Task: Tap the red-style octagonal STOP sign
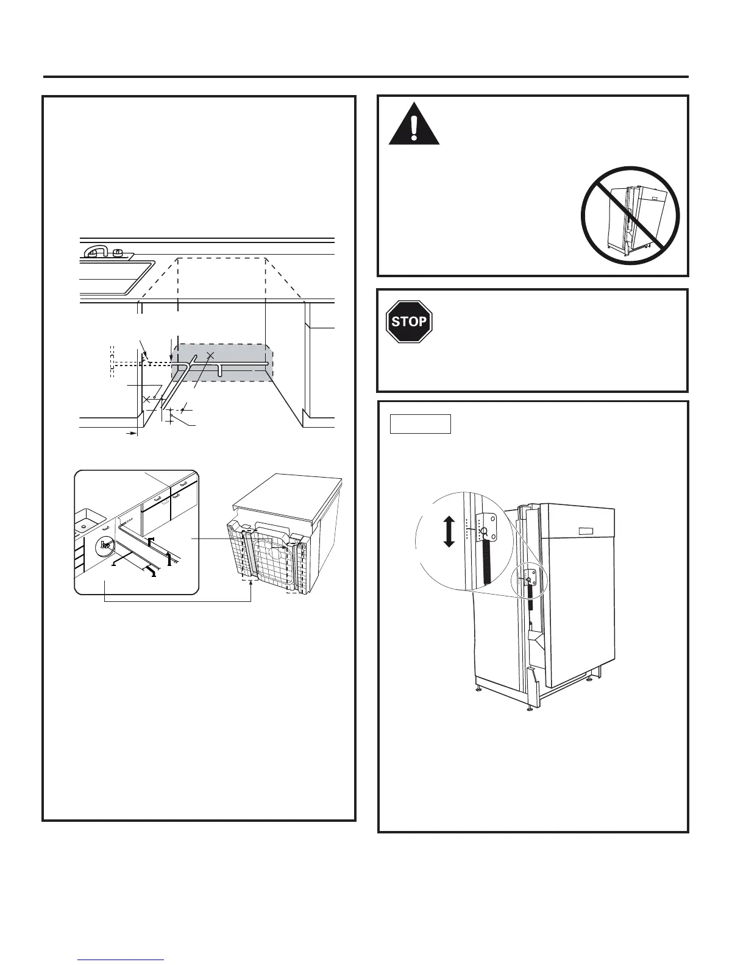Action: [409, 321]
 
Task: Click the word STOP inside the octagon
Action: [409, 321]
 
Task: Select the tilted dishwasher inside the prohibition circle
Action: [631, 220]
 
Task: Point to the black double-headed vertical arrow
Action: [449, 531]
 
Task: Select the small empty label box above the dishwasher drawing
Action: [420, 423]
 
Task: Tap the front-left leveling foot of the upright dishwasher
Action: [479, 689]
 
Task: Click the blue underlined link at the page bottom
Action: [121, 960]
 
